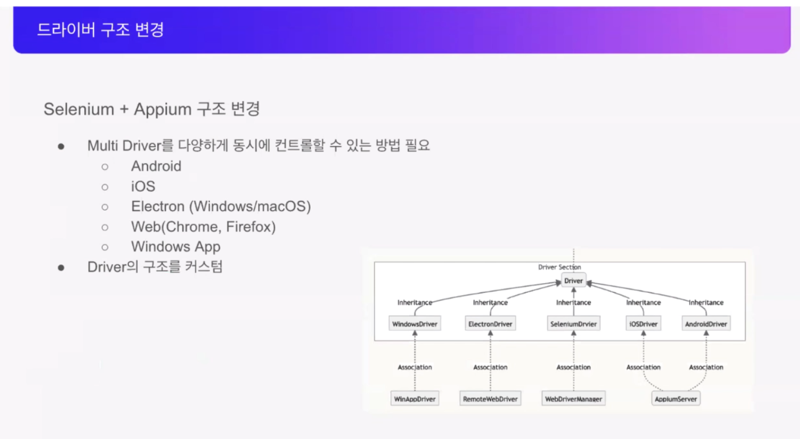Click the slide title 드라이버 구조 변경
100,30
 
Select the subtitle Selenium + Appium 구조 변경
152,109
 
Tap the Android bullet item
156,166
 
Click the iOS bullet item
143,186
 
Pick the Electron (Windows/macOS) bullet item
221,207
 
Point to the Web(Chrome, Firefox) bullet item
203,227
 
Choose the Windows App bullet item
176,247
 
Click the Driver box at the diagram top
573,280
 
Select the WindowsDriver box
415,324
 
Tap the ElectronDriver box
490,324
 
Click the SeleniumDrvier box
573,324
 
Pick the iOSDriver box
643,324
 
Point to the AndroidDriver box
706,324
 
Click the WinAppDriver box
415,399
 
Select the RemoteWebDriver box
490,399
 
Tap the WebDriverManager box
573,399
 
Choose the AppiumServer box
675,399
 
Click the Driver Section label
559,267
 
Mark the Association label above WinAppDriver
415,367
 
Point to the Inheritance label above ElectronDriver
490,302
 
